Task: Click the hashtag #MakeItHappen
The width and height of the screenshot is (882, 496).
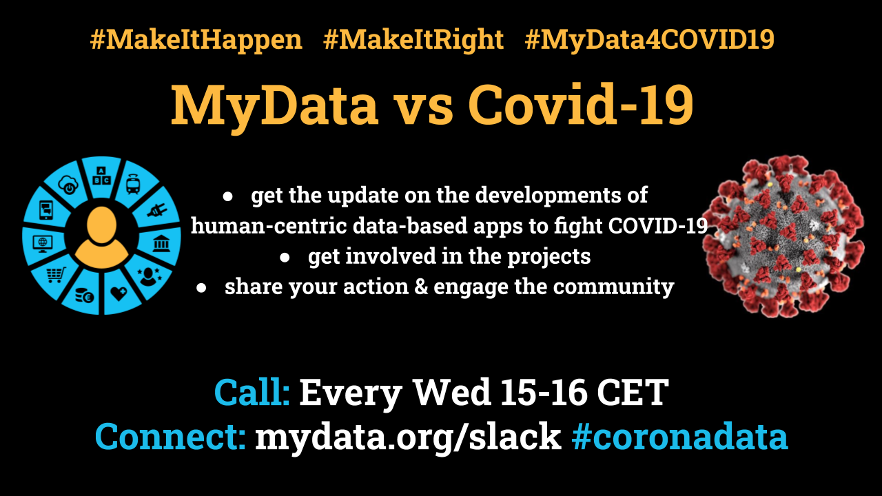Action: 196,40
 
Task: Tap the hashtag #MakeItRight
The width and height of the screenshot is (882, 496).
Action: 413,40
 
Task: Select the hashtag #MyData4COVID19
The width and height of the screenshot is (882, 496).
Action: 650,40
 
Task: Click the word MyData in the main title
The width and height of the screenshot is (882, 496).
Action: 274,107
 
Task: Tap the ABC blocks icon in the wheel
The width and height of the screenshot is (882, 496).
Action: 101,176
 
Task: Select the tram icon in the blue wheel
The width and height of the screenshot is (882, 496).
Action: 133,183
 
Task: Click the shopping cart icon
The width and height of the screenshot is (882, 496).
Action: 56,275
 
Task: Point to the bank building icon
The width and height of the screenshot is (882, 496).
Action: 161,243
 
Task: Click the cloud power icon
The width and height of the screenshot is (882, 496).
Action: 68,184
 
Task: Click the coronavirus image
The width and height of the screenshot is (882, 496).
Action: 783,236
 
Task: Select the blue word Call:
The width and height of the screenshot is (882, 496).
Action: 252,392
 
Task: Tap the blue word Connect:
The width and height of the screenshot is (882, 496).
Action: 170,436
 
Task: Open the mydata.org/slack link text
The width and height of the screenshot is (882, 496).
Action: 408,437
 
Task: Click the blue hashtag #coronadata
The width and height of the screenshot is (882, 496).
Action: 679,436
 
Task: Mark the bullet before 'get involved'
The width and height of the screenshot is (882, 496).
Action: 285,258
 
